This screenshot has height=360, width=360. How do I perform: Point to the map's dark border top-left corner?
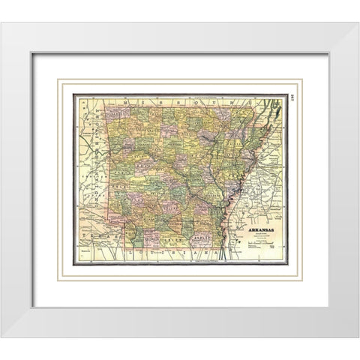73,94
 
